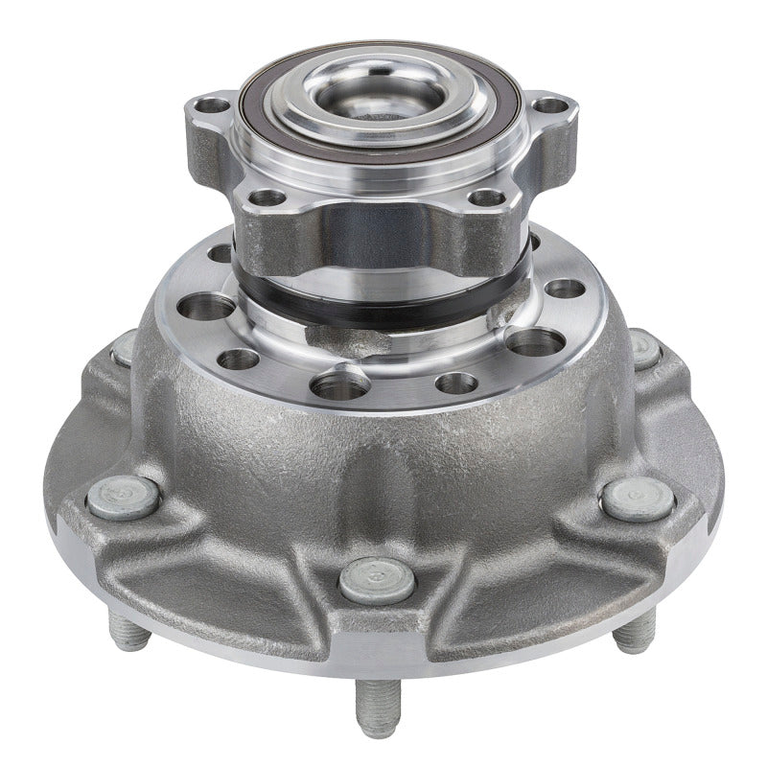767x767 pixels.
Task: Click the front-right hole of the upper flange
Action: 487,198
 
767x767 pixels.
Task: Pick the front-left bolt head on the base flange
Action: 123,498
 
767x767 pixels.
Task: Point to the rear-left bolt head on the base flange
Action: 125,349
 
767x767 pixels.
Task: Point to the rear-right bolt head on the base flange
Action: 644,349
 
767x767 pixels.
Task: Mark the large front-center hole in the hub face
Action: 340,385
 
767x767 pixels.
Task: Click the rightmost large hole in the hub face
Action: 538,341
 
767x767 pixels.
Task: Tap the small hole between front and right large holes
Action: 456,383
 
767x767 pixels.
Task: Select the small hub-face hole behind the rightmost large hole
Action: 566,288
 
